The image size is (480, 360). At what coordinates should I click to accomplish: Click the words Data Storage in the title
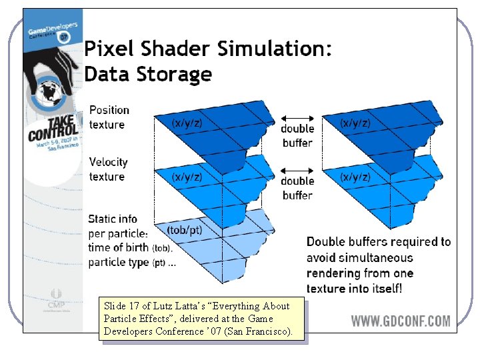coord(148,74)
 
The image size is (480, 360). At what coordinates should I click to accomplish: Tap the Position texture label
coord(109,117)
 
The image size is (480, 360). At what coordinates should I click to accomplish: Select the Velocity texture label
coord(108,169)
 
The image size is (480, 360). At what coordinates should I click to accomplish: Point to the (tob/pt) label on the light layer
coord(185,230)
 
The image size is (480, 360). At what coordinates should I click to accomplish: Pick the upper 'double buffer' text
coord(297,135)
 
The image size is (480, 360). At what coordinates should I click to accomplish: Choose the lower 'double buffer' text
coord(297,188)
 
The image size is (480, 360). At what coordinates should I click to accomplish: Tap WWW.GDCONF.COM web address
coord(401,321)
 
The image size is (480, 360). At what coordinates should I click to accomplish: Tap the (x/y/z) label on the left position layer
coord(187,123)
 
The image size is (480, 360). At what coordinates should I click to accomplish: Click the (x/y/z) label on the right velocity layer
coord(355,177)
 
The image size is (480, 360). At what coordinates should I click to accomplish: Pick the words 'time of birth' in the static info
coord(119,247)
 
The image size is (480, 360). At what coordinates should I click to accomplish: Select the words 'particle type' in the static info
coord(119,262)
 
